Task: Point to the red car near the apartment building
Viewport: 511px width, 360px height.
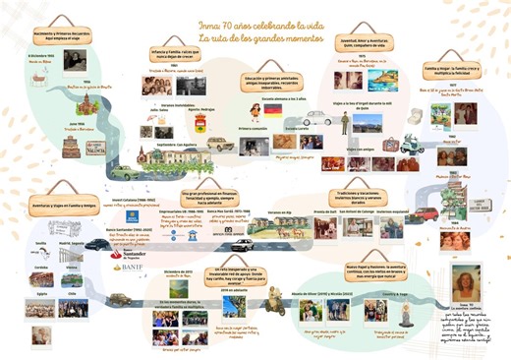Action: click(x=425, y=212)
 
